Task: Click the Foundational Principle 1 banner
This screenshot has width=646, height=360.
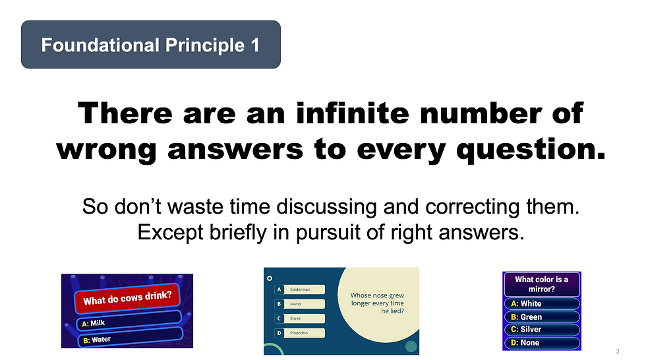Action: (x=151, y=44)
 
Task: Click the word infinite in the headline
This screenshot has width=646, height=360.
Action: (x=352, y=113)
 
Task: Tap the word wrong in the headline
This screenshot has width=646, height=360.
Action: (x=106, y=150)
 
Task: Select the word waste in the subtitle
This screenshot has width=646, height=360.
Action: (x=195, y=207)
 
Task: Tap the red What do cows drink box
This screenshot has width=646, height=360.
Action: (x=127, y=298)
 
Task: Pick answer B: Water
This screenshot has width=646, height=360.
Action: (x=131, y=338)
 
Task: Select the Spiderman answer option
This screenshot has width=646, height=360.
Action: (x=299, y=289)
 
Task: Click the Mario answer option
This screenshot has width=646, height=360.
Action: (x=299, y=304)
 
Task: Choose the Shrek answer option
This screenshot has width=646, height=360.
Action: (x=299, y=318)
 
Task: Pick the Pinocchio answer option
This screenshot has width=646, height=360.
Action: (x=299, y=333)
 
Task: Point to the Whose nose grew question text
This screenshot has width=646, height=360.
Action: (x=377, y=303)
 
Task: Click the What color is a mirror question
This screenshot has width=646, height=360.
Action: (x=542, y=284)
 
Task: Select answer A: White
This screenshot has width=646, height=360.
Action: (x=542, y=303)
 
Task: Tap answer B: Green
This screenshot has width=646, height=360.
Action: (x=542, y=316)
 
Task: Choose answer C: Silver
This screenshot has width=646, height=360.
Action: (x=542, y=330)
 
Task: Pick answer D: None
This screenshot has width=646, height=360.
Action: (x=542, y=343)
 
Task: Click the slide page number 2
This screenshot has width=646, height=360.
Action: (x=618, y=351)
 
